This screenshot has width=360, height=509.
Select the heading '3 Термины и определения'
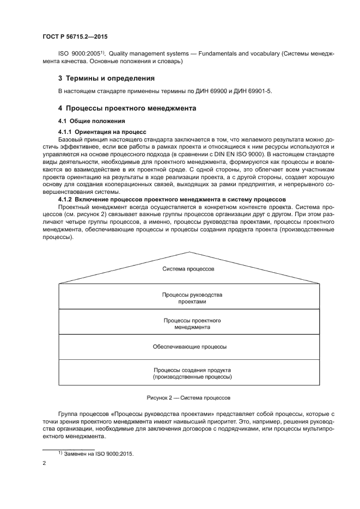[103, 78]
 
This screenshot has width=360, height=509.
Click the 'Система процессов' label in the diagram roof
[189, 269]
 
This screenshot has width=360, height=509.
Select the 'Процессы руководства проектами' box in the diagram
[189, 298]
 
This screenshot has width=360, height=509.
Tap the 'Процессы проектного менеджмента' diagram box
[189, 324]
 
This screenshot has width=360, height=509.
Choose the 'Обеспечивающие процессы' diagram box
[189, 346]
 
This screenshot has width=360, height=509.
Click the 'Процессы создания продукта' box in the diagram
[189, 373]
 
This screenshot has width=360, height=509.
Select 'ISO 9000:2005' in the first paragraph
[78, 54]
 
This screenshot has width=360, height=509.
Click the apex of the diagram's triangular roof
[189, 252]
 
